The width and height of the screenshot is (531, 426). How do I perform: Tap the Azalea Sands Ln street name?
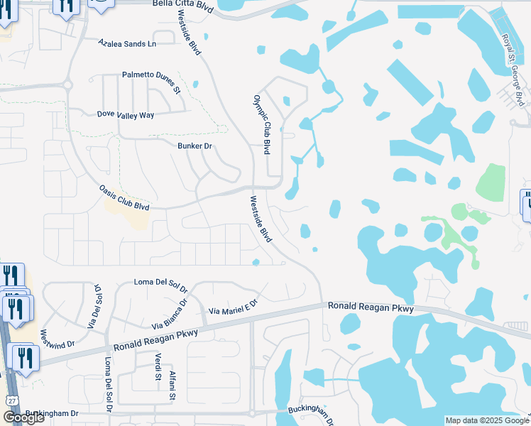pyautogui.click(x=137, y=43)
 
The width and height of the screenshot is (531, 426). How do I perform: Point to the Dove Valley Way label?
pyautogui.click(x=126, y=114)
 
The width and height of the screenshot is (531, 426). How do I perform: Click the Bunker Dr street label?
pyautogui.click(x=195, y=146)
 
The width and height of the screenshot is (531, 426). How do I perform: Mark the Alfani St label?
pyautogui.click(x=172, y=386)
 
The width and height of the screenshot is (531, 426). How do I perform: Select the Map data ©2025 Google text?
pyautogui.click(x=486, y=420)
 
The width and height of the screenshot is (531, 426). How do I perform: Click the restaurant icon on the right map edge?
pyautogui.click(x=527, y=203)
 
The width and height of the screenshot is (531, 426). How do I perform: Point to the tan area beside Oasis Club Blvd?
pyautogui.click(x=128, y=213)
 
